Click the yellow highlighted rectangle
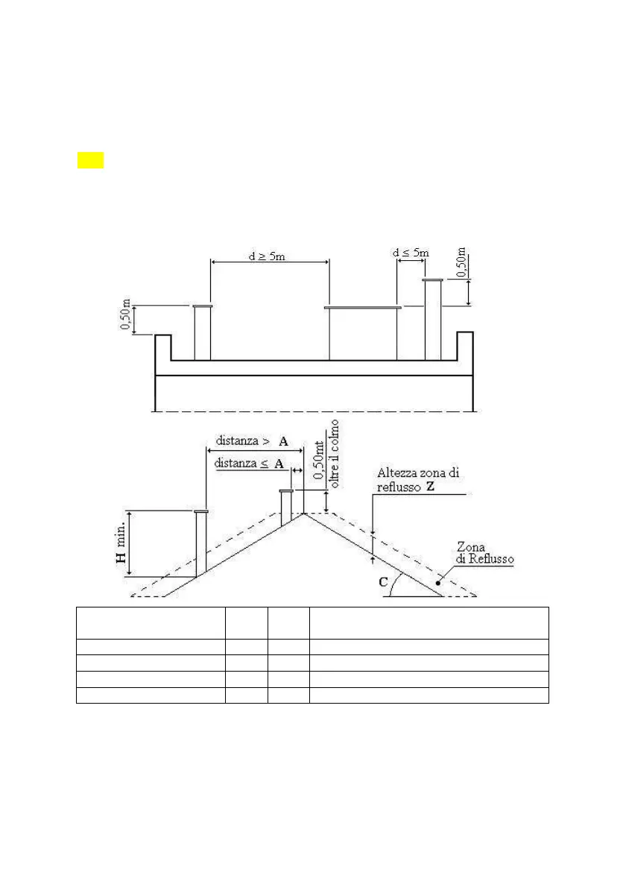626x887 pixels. pyautogui.click(x=90, y=160)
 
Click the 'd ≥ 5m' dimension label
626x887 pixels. pyautogui.click(x=267, y=256)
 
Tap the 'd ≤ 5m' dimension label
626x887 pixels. pyautogui.click(x=411, y=253)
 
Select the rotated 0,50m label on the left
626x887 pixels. pyautogui.click(x=126, y=315)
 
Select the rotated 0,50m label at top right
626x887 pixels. pyautogui.click(x=462, y=262)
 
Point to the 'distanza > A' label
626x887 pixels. pyautogui.click(x=252, y=441)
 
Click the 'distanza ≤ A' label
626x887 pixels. pyautogui.click(x=249, y=464)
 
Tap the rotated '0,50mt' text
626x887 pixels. pyautogui.click(x=320, y=461)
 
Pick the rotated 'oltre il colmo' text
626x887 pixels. pyautogui.click(x=335, y=454)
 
